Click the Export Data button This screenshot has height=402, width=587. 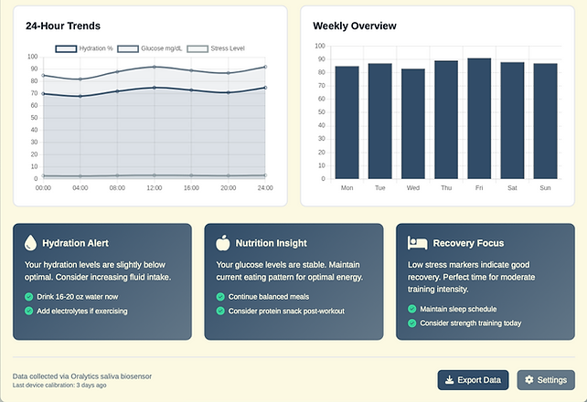tap(474, 380)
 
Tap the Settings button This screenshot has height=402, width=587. tap(546, 380)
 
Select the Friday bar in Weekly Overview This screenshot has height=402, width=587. tap(479, 118)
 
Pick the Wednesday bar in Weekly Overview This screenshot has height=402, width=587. tap(413, 123)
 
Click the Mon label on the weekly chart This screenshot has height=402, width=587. tap(347, 187)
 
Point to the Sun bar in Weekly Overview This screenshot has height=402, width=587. tap(545, 121)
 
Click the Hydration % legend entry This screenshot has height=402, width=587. tap(84, 48)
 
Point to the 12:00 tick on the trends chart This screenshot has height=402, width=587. tap(155, 187)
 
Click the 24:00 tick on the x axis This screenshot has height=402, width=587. tap(265, 187)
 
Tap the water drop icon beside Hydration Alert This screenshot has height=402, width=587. tap(31, 243)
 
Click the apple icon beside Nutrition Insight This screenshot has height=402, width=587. tap(223, 243)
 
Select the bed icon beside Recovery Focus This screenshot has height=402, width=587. tap(417, 243)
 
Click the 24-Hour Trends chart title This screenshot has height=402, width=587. tap(63, 26)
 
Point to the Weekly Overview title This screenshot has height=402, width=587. tap(355, 26)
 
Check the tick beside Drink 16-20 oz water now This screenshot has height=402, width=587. tap(28, 297)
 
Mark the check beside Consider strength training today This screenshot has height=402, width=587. tap(411, 323)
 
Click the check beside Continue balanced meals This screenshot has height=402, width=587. tap(220, 297)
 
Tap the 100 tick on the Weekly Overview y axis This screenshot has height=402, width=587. tap(320, 46)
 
